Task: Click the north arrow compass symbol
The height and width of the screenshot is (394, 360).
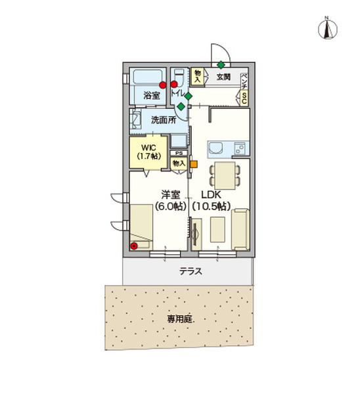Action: [326, 28]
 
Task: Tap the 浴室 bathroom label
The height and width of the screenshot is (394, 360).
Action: [152, 96]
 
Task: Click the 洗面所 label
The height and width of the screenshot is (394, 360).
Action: [163, 120]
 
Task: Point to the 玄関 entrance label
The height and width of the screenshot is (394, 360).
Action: [223, 77]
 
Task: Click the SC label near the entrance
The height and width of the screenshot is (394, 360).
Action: [244, 98]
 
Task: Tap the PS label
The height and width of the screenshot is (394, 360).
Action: [178, 153]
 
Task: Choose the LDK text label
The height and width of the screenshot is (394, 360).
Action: [212, 194]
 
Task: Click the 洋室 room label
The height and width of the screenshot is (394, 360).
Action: [171, 194]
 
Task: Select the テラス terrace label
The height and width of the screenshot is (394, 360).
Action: [190, 271]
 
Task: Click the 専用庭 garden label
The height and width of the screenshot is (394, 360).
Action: [178, 319]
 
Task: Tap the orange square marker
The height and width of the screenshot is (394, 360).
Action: [193, 164]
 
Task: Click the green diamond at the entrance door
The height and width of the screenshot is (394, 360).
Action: [221, 64]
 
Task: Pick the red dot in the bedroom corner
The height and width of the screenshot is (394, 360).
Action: [134, 246]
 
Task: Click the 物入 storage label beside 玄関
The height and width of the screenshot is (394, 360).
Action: [197, 76]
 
